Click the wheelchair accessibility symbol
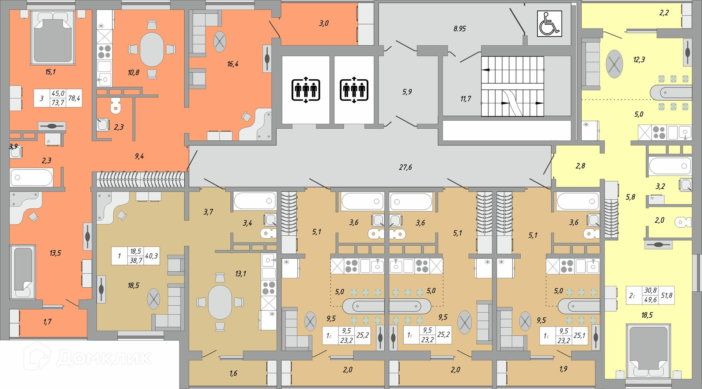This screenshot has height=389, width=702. point(549,23)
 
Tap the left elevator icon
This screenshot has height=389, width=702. point(306,89)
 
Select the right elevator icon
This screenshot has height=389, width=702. point(354,89)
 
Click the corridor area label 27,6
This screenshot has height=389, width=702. point(405,167)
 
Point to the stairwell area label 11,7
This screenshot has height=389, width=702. point(465,99)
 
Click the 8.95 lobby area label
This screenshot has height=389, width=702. point(460,29)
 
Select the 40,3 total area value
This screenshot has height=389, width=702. point(151,256)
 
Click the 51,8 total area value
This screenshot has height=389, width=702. point(667,295)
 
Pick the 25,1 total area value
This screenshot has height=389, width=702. point(580,335)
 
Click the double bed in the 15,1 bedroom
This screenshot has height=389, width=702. point(53,37)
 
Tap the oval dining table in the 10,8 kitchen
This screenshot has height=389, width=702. point(152,50)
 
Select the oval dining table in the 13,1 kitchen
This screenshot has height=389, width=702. point(220,302)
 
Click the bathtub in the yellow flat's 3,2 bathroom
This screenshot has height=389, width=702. point(670,166)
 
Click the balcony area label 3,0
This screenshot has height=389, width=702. point(324,23)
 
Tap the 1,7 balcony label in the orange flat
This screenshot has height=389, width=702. point(48,322)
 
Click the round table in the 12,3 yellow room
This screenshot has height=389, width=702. point(614,64)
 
